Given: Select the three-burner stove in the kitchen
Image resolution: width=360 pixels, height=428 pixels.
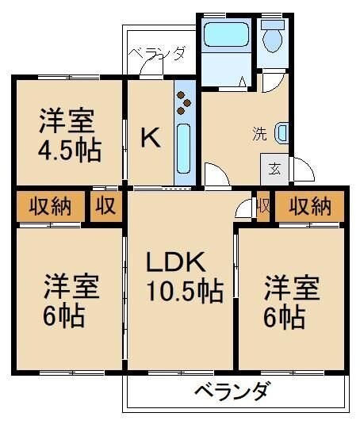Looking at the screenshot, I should [184, 102].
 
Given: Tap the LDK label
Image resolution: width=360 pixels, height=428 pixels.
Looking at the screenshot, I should [176, 262].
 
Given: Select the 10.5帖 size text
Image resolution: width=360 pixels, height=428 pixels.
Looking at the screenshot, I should [184, 291].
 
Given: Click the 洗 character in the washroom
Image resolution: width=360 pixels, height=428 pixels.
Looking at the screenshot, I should [259, 133].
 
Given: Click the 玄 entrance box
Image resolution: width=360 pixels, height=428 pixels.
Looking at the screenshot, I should [274, 169].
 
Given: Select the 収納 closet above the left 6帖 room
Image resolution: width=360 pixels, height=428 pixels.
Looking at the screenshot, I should [50, 207].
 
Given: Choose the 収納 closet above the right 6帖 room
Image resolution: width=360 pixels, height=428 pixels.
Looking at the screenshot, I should [309, 207].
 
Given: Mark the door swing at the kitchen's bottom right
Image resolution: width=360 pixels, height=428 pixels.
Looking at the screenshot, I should [214, 174].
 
